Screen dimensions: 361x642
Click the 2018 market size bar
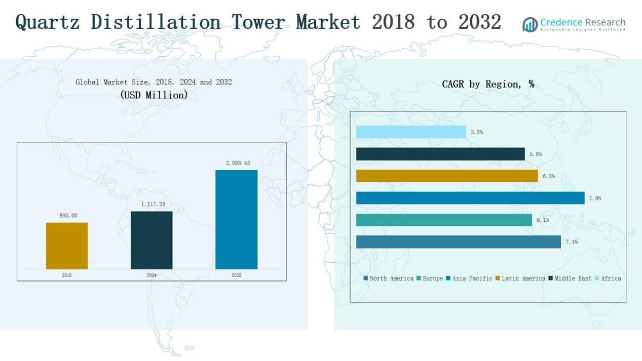67,246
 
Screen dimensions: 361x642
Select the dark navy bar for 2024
152,240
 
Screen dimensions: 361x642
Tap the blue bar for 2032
236,219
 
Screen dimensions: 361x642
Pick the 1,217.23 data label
152,205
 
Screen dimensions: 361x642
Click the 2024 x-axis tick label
152,275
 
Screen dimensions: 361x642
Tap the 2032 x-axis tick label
236,275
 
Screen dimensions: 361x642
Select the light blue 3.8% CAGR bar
411,132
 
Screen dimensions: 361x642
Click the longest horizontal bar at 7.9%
470,198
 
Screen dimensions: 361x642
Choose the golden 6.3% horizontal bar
447,176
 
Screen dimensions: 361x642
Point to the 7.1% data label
572,242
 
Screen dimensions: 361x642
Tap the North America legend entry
388,278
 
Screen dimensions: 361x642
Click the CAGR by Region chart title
488,84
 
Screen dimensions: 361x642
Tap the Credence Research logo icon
530,24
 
